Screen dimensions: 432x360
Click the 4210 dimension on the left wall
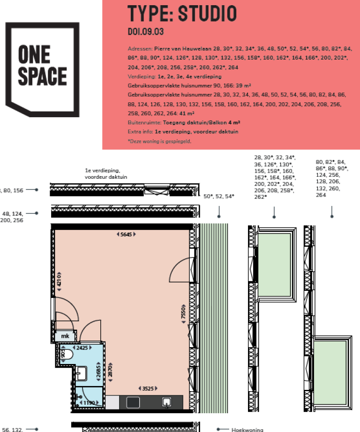[60, 281]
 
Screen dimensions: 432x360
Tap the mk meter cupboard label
[63, 336]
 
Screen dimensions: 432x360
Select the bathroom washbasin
[81, 374]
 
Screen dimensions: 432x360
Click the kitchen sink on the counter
[166, 402]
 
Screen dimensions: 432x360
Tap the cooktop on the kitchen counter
[133, 402]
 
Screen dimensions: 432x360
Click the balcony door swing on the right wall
[180, 270]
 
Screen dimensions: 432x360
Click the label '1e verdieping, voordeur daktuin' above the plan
[106, 174]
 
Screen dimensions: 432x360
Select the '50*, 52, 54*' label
[219, 196]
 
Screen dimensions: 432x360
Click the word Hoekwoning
[247, 429]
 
